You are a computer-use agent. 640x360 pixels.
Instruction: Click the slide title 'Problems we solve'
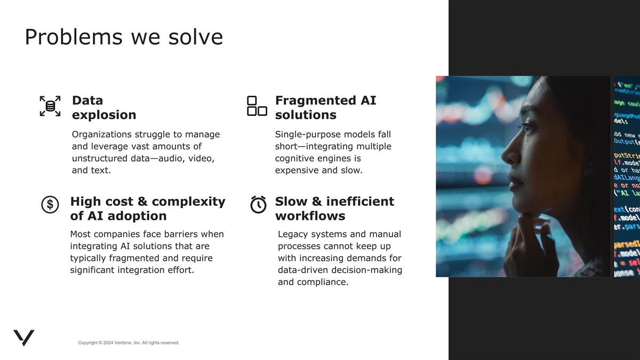(x=124, y=37)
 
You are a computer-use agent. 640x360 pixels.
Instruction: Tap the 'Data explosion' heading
(x=104, y=108)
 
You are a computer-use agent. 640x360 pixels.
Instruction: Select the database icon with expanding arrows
(x=50, y=106)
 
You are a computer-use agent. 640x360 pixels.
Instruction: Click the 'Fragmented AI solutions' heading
(x=325, y=108)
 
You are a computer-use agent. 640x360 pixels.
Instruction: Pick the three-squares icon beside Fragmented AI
(x=257, y=106)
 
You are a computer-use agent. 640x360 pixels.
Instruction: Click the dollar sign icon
(x=50, y=204)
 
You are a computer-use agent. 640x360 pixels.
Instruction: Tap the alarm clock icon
(x=258, y=205)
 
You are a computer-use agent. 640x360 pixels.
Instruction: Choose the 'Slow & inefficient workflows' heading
(x=334, y=209)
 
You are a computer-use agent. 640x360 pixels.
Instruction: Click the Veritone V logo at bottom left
(x=24, y=337)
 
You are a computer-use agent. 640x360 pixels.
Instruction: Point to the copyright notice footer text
(x=129, y=342)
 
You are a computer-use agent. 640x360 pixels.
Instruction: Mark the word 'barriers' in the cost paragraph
(x=193, y=234)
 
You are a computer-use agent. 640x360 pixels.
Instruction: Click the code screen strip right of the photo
(x=627, y=176)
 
